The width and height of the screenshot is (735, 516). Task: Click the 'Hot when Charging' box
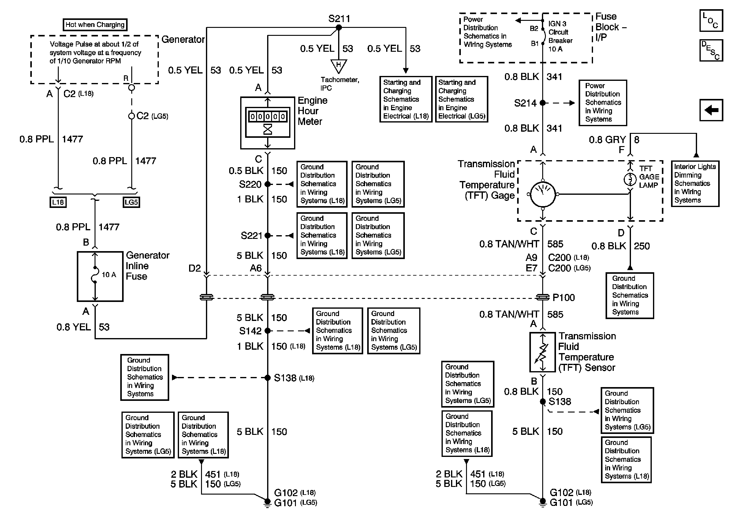(95, 25)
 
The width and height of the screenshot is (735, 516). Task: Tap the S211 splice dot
(339, 28)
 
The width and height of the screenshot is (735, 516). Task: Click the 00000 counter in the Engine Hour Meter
(268, 117)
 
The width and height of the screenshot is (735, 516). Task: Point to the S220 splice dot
(268, 184)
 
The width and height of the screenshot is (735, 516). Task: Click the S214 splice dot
(543, 103)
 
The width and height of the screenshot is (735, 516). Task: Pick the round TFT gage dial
(543, 194)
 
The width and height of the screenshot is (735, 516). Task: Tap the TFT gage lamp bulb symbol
(630, 179)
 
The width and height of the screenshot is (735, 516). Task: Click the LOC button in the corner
(711, 21)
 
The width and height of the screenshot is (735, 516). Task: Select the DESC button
(711, 50)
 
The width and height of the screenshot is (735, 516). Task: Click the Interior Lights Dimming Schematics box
(695, 183)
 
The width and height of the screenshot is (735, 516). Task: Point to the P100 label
(564, 298)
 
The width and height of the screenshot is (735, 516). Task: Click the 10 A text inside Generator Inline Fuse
(109, 275)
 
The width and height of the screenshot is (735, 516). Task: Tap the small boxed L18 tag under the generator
(58, 202)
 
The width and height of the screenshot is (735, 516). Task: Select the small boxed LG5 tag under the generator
(131, 202)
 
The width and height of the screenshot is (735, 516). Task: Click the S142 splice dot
(268, 330)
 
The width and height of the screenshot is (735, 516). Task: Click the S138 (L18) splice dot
(268, 378)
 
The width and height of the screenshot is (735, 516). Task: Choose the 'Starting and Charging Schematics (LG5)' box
(462, 99)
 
